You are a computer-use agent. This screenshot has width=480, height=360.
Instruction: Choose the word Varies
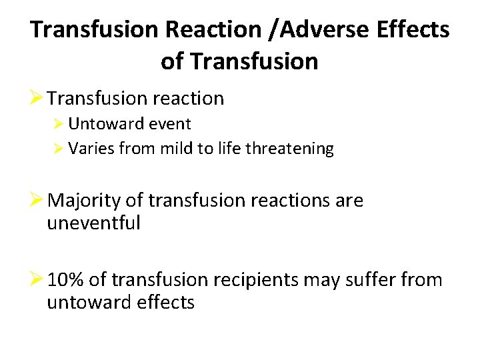click(x=91, y=149)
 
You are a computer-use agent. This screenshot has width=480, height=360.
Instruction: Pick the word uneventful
click(x=93, y=223)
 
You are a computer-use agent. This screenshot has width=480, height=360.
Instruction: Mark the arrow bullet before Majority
click(x=37, y=200)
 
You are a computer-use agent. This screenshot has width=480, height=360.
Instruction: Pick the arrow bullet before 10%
click(x=37, y=280)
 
